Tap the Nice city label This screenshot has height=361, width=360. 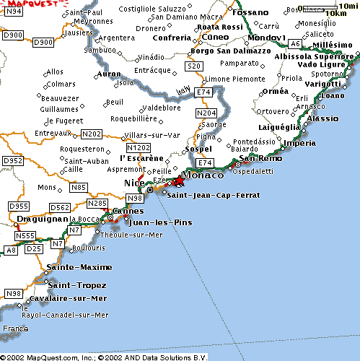point(134,183)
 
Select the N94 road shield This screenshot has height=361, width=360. point(13,12)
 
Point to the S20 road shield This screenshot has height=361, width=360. point(193,66)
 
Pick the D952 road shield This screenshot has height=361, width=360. point(13,160)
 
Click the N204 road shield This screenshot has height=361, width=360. point(207,113)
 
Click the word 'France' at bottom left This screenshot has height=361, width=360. point(14,329)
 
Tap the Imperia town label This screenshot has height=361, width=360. point(299,143)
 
